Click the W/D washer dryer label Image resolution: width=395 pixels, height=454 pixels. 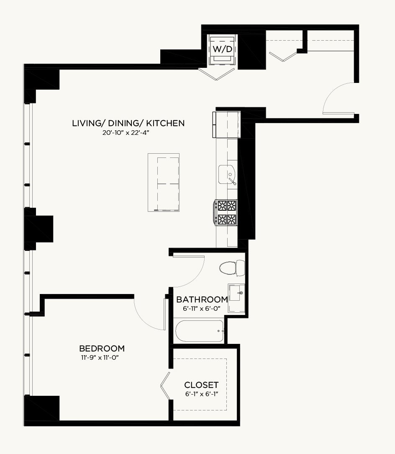coord(222,49)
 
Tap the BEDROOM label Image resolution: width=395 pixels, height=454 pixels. coord(102,348)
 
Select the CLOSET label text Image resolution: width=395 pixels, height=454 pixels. coord(201,385)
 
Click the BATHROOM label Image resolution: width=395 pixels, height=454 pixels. coord(202,299)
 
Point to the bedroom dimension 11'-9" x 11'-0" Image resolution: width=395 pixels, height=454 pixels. coord(100,358)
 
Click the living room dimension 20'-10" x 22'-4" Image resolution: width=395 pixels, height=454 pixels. coord(126,133)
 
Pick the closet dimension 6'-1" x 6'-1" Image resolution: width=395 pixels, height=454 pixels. coord(202,394)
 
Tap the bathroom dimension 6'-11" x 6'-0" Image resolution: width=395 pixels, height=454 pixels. coord(202,309)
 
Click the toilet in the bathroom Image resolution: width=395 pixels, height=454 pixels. coord(232,268)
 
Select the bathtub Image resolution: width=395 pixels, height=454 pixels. coord(199,331)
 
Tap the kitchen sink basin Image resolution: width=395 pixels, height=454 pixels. coord(227,175)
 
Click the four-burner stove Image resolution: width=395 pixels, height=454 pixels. coord(226,212)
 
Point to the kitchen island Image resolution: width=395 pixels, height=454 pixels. coord(164,183)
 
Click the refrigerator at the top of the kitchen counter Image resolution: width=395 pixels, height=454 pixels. coord(227,124)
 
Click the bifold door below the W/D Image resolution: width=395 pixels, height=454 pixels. coord(216,75)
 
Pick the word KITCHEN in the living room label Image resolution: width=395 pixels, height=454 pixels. coord(165,124)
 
